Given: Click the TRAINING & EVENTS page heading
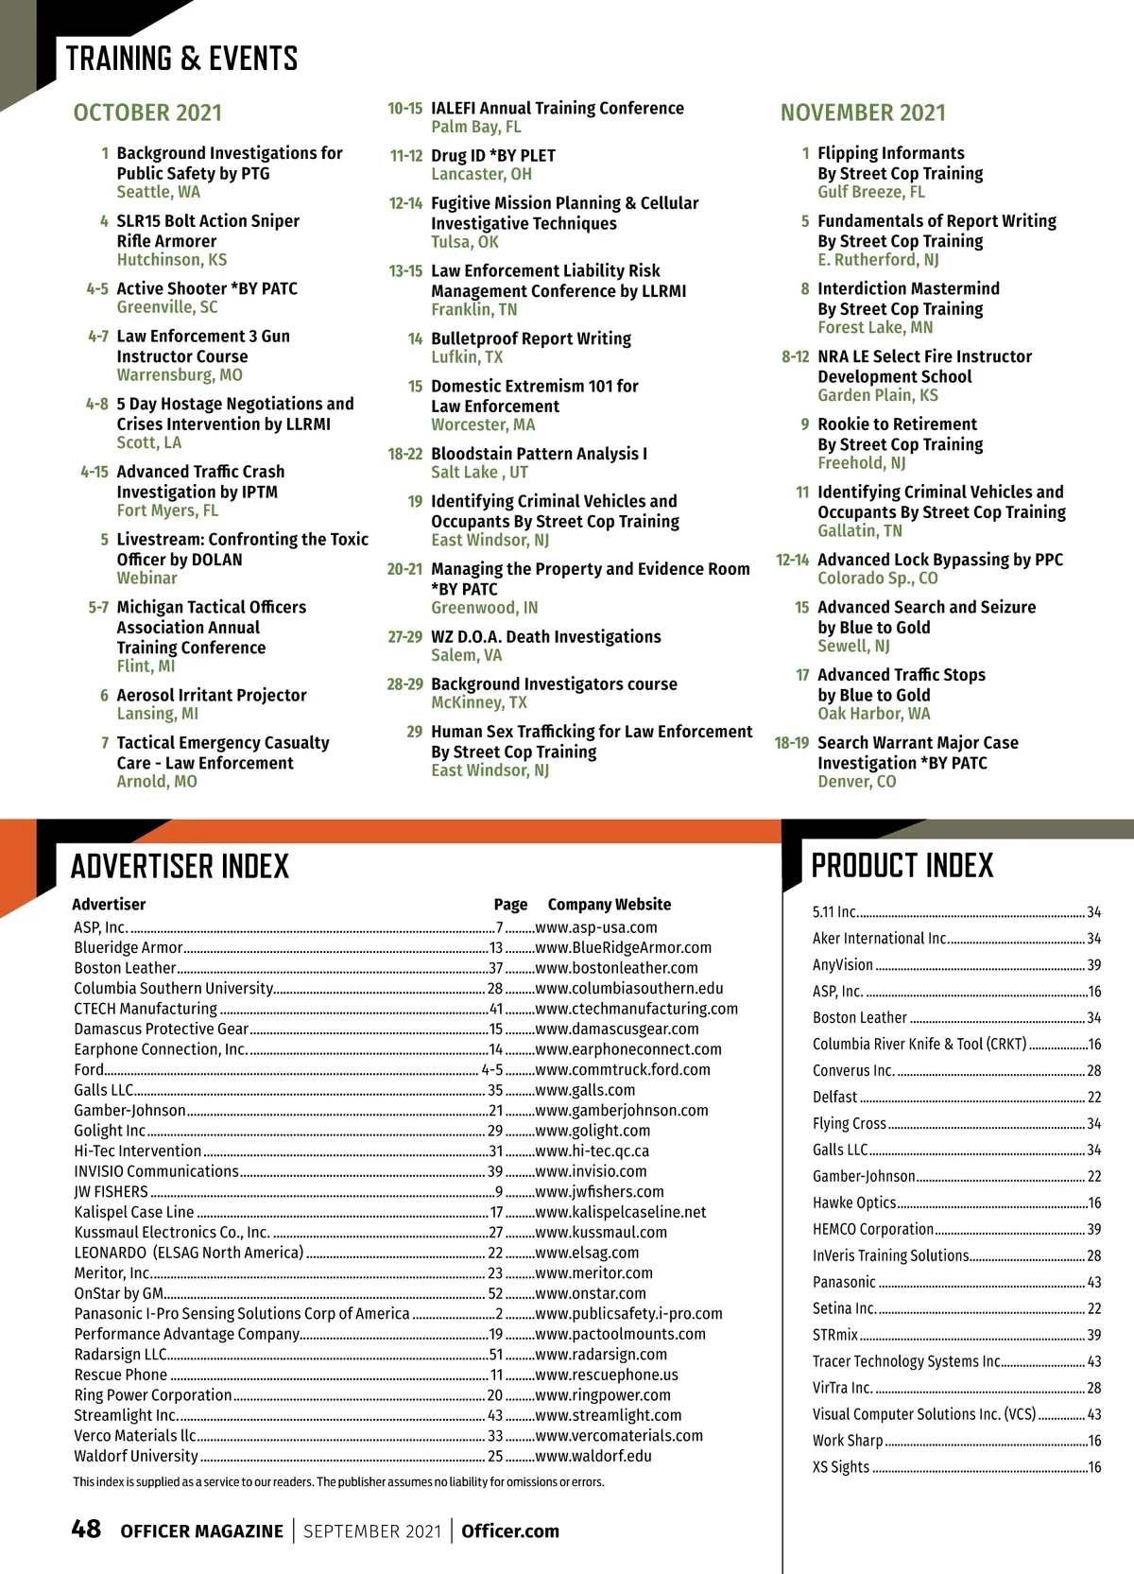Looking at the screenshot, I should pos(181,59).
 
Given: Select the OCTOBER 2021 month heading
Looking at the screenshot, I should pos(147,112).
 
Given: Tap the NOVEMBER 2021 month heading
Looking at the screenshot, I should pos(863,112).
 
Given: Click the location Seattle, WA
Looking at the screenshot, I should pos(158,192).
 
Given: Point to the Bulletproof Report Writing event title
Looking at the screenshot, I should pos(531,338).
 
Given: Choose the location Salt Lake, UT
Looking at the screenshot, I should pos(479,472).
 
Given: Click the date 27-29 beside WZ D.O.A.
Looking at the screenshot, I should pos(404,636).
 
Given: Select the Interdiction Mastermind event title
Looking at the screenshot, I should pos(908,288).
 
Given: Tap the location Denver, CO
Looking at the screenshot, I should pos(856,781).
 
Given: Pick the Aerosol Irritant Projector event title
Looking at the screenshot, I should pos(212,695).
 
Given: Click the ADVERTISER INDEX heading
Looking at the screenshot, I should pos(180,866).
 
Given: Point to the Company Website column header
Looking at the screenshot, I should pos(610,904).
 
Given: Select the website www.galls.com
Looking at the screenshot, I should pos(585,1090).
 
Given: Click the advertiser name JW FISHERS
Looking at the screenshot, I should pos(112,1191).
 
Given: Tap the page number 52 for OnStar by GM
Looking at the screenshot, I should pos(495,1293).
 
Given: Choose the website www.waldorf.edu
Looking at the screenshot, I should pos(593,1456).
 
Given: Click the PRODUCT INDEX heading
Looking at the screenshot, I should pos(902,865).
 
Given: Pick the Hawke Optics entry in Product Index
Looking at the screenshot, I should pos(854,1202).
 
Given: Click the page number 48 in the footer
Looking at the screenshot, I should pos(86,1529).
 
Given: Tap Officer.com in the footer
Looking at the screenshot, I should pos(510,1531).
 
